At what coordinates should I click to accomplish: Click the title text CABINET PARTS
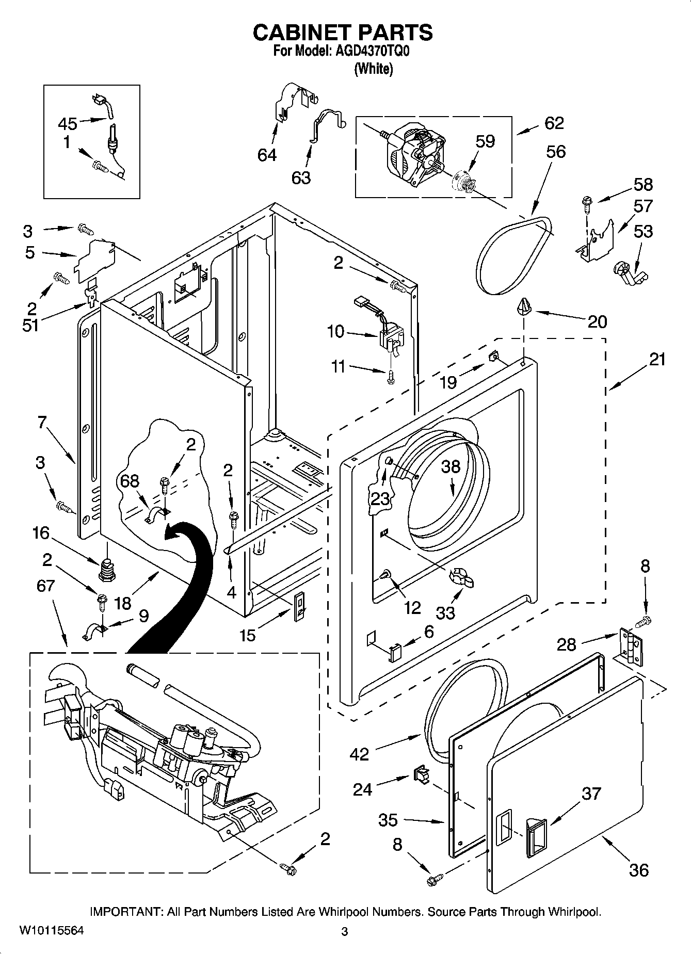pos(343,33)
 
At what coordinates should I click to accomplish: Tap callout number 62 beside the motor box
pos(554,123)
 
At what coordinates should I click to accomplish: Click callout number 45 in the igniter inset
pos(68,124)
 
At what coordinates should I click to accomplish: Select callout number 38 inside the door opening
pos(450,467)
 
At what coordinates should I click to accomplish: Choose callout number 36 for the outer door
pos(638,870)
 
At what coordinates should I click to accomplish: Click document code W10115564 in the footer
pos(51,930)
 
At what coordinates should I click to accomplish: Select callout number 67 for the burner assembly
pos(46,586)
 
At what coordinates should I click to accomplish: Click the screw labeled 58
pos(587,203)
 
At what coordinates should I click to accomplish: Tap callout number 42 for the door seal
pos(359,754)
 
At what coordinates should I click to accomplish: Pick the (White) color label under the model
pos(373,69)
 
